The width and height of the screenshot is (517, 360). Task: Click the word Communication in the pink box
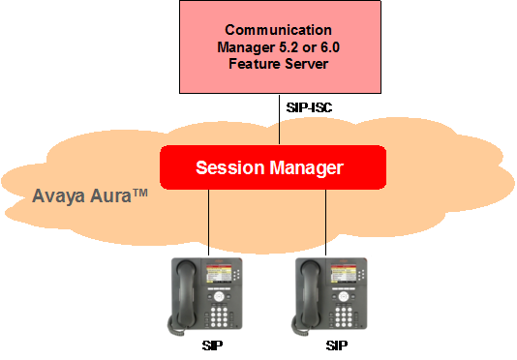278,30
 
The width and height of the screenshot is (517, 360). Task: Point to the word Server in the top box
307,64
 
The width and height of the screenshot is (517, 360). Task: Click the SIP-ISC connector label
309,107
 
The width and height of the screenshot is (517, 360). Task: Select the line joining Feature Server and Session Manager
279,119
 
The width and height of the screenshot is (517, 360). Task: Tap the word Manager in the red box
307,168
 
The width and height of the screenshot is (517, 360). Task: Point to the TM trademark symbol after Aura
140,193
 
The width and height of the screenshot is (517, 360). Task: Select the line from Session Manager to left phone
208,223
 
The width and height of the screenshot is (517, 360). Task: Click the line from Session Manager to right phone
325,223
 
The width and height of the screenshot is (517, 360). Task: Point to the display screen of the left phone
218,273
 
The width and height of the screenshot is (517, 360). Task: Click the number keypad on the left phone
219,317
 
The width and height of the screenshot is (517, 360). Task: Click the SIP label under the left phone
212,345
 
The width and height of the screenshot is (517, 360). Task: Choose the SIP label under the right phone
337,345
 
